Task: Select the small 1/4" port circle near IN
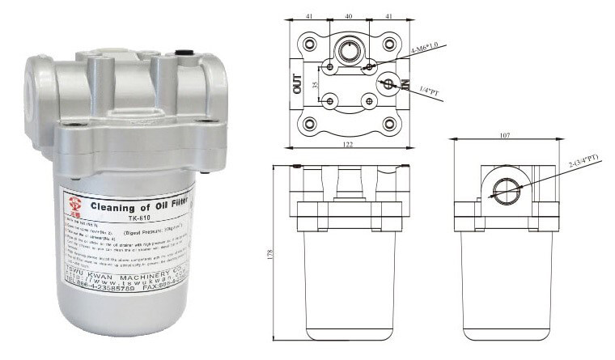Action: pos(388,83)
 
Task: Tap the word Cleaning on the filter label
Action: pos(110,205)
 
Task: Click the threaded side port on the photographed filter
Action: pos(35,83)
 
